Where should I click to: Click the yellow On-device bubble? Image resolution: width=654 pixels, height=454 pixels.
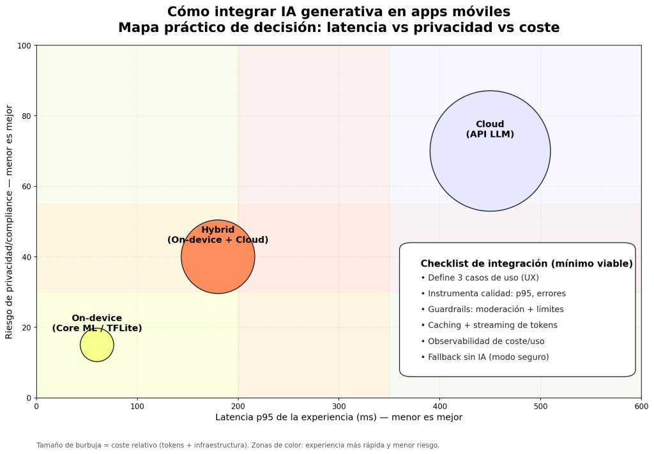[97, 345]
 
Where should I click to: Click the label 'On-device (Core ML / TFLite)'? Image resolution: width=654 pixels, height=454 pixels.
[97, 324]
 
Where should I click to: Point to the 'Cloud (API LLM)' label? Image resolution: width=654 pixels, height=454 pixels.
[490, 129]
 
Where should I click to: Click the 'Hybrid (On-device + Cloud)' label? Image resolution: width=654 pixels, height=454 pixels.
[218, 235]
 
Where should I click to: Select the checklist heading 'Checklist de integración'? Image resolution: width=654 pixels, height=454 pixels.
[526, 263]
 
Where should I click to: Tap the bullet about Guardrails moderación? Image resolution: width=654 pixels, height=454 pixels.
[492, 309]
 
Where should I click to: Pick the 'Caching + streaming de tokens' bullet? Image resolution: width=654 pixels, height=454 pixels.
[489, 325]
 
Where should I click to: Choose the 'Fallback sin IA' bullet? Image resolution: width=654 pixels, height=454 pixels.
[485, 357]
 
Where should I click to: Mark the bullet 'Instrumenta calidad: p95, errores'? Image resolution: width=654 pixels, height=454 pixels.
[493, 294]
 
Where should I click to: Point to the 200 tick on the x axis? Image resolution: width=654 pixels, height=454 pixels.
[238, 405]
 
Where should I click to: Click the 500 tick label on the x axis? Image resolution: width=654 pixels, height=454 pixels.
[540, 405]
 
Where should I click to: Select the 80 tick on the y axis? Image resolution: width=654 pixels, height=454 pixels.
[27, 116]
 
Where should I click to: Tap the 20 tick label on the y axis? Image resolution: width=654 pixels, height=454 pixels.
[27, 327]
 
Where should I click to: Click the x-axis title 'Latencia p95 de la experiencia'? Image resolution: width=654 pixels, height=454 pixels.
[338, 418]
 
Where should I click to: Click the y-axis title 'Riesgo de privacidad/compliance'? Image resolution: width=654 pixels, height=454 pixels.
[10, 221]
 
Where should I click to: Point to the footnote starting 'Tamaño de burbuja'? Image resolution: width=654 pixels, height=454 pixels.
[238, 445]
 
